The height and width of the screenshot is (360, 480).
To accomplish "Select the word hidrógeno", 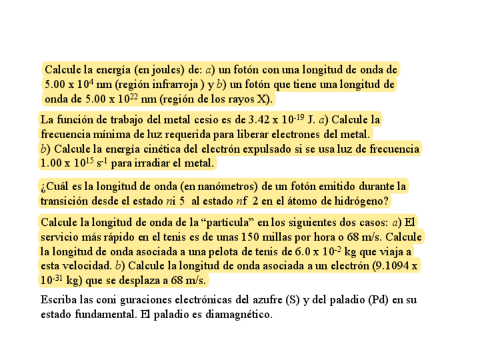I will click(x=361, y=201).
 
